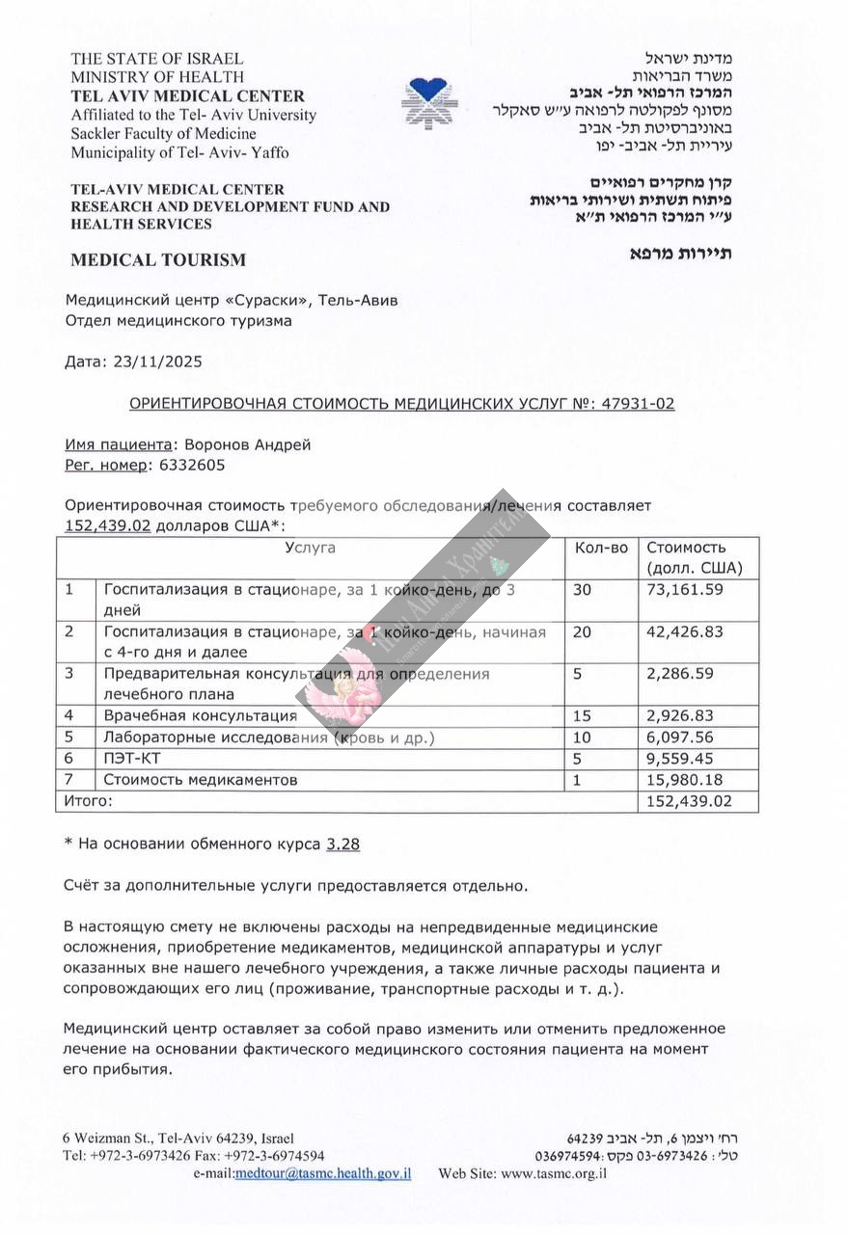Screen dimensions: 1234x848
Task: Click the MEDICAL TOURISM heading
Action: click(158, 259)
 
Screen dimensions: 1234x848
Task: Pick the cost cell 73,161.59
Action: click(684, 589)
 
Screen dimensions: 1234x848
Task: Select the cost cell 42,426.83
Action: click(684, 631)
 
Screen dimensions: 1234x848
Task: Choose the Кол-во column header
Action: click(600, 548)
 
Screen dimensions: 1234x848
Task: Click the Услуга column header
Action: click(310, 548)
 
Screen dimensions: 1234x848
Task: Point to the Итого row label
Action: click(88, 800)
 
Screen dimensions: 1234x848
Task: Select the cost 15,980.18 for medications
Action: click(684, 779)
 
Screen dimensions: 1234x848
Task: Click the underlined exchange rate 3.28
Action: click(343, 844)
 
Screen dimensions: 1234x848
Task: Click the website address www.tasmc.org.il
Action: click(554, 1173)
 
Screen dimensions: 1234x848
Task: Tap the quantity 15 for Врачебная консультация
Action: click(582, 715)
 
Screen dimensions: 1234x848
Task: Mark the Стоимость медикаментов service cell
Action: click(201, 779)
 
